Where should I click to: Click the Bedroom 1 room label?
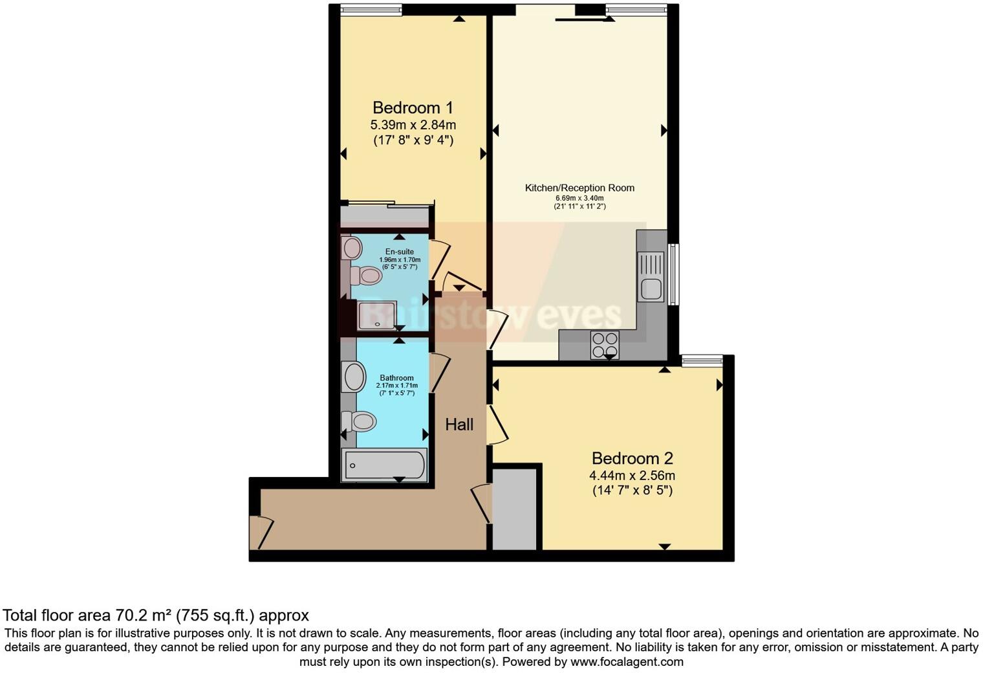pyautogui.click(x=413, y=107)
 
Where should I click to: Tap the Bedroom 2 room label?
pyautogui.click(x=632, y=458)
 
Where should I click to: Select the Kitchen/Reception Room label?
pyautogui.click(x=579, y=188)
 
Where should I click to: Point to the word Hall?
pyautogui.click(x=459, y=425)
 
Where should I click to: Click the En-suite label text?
pyautogui.click(x=399, y=252)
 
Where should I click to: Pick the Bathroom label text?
pyautogui.click(x=396, y=378)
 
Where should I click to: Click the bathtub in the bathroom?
pyautogui.click(x=384, y=465)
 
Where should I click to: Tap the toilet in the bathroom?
pyautogui.click(x=360, y=422)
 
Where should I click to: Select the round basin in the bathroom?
pyautogui.click(x=354, y=377)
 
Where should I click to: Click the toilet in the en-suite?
pyautogui.click(x=366, y=276)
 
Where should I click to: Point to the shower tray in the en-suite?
pyautogui.click(x=377, y=315)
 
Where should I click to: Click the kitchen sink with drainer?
pyautogui.click(x=651, y=276)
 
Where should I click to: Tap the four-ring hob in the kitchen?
pyautogui.click(x=605, y=344)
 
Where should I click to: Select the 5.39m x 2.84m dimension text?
pyautogui.click(x=413, y=124)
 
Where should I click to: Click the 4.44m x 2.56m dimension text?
pyautogui.click(x=632, y=476)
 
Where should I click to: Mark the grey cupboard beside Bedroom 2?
pyautogui.click(x=515, y=509)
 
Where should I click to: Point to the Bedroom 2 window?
pyautogui.click(x=702, y=360)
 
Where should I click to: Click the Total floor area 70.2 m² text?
pyautogui.click(x=156, y=615)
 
